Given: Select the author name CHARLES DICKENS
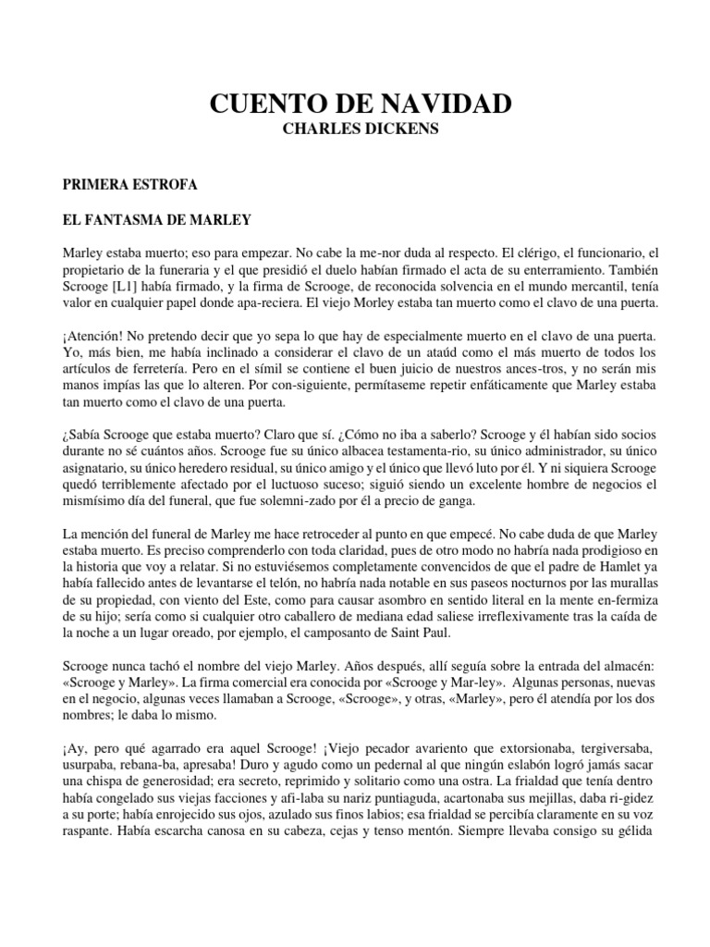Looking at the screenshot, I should tap(355, 129).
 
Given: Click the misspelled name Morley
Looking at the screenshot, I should tap(390, 303).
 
